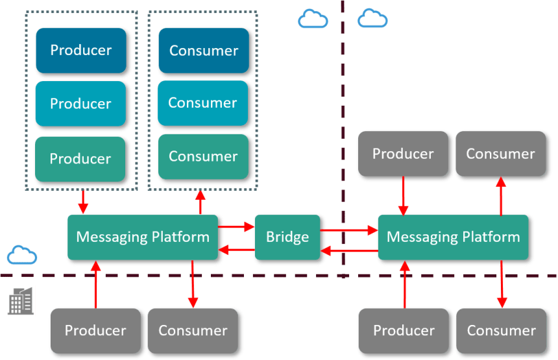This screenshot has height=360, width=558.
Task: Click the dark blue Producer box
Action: pos(80,51)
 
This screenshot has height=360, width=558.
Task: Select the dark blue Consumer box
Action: pos(203,51)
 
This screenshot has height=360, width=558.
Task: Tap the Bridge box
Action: pos(287,237)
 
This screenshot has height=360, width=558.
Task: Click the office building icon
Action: pos(21,300)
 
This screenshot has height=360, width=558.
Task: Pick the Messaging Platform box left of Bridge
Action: pos(142,237)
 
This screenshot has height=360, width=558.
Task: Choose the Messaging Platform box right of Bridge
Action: pos(453,237)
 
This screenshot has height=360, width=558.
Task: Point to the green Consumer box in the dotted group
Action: pos(203,157)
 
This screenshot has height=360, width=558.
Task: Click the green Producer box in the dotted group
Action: pos(80,159)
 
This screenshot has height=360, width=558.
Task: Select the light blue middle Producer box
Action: pos(80,104)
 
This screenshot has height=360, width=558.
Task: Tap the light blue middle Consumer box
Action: pos(203,103)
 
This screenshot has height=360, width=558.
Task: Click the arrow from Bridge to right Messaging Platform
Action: pos(349,230)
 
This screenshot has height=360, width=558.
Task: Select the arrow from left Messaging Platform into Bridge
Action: pos(236,227)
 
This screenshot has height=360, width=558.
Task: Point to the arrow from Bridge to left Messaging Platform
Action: pos(236,250)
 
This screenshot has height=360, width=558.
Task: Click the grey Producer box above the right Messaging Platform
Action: pos(403,154)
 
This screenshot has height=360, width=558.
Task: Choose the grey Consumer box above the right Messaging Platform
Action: pos(500,154)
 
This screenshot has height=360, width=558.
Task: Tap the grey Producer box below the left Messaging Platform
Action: pos(95,330)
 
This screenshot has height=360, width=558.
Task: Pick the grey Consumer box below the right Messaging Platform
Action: pos(501,331)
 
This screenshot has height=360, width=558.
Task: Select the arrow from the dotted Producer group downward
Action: pos(82,202)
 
